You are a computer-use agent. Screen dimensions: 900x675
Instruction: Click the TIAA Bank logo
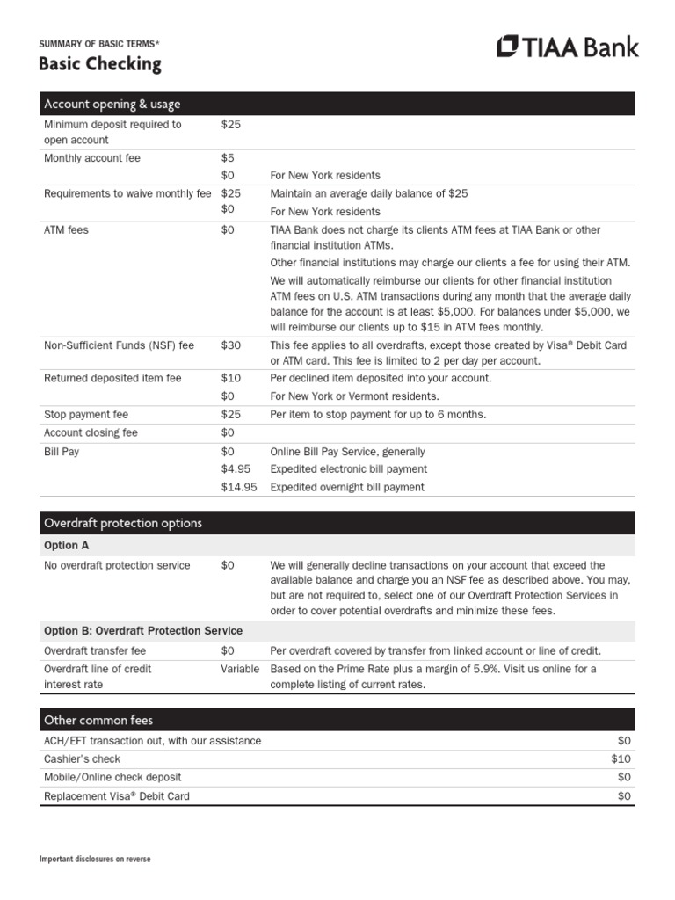point(567,47)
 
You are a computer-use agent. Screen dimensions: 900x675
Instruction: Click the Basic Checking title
point(99,64)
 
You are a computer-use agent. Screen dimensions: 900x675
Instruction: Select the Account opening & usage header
point(112,105)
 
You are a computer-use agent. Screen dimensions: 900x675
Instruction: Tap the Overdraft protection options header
point(122,523)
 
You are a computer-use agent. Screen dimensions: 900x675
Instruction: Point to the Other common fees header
point(98,720)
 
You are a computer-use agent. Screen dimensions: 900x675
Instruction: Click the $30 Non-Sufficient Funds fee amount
point(229,345)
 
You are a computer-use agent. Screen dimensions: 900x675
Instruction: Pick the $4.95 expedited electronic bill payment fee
point(236,468)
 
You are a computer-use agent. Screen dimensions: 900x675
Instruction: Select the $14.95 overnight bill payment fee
point(239,487)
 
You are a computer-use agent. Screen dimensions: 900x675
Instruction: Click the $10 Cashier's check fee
point(621,758)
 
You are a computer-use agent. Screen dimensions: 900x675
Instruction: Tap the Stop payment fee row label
point(85,414)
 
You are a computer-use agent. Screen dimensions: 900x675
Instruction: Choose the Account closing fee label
point(91,432)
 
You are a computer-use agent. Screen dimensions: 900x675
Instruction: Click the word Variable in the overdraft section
point(240,669)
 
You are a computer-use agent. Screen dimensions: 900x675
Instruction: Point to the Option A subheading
point(67,545)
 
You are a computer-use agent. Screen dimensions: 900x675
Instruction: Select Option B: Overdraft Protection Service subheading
point(143,631)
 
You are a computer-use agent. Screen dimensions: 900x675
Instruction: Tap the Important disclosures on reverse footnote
point(95,859)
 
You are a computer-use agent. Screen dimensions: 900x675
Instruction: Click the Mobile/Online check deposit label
point(112,777)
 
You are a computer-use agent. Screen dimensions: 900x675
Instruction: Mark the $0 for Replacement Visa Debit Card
point(624,796)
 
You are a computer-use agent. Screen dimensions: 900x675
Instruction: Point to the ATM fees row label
point(66,229)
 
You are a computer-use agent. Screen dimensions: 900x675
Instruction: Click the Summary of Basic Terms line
point(99,42)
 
